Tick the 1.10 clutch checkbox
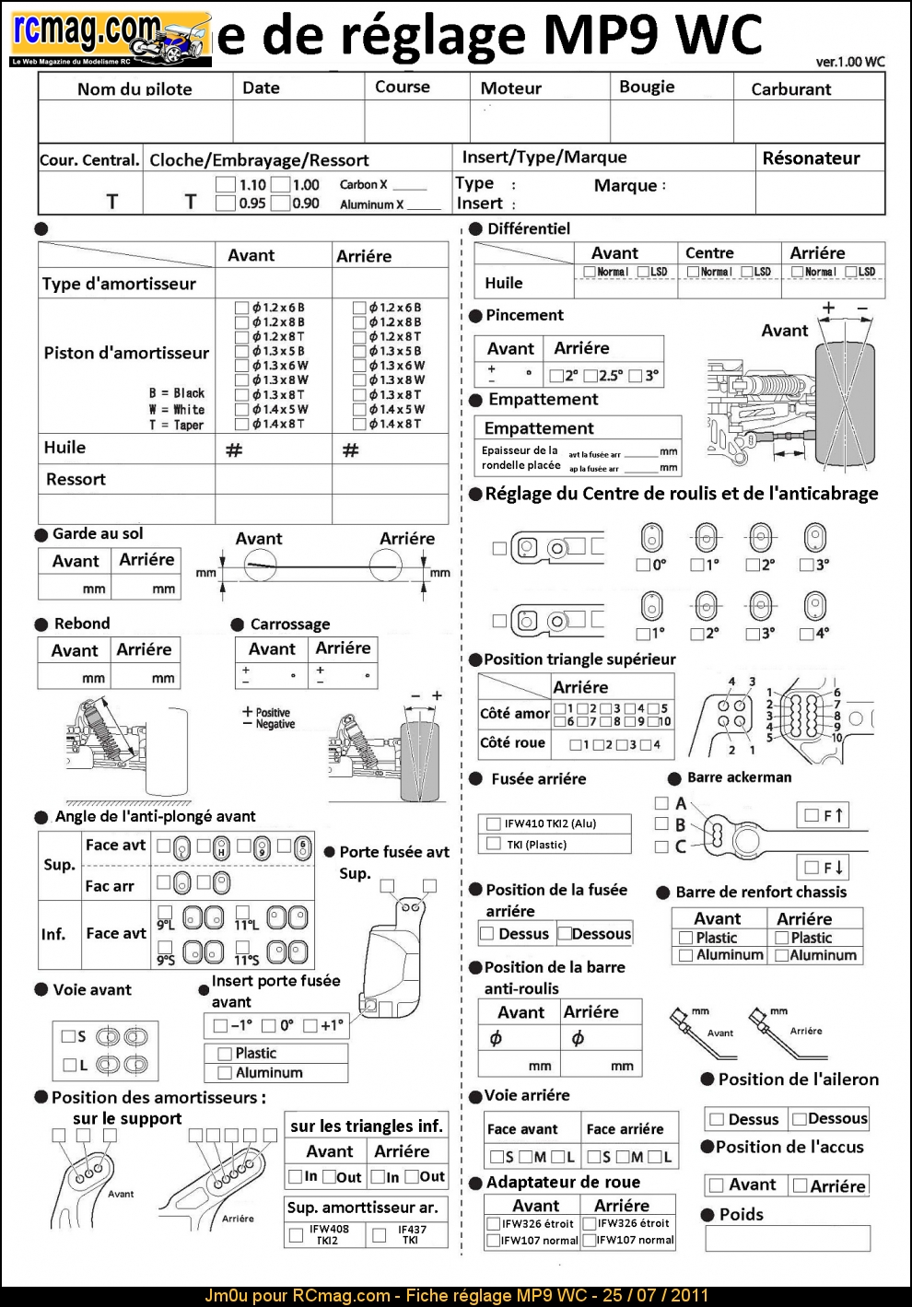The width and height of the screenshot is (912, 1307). [x=226, y=185]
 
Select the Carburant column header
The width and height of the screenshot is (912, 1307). [x=790, y=89]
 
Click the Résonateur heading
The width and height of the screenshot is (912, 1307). [x=811, y=158]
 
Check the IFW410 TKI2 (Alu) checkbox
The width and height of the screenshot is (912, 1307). [x=492, y=823]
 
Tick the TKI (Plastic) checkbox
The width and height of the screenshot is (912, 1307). [x=492, y=844]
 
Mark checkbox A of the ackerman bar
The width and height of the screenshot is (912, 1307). [x=661, y=803]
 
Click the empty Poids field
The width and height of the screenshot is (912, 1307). [x=787, y=1238]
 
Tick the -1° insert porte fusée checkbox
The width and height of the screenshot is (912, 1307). [x=220, y=1025]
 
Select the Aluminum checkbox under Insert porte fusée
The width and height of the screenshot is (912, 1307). [x=224, y=1072]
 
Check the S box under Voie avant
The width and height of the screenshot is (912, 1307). [x=68, y=1036]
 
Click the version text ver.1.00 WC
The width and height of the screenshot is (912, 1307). [x=849, y=62]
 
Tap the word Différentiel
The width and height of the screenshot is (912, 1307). [x=529, y=228]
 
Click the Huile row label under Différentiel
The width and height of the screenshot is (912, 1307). [x=504, y=283]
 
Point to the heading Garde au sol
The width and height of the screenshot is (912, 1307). [x=98, y=533]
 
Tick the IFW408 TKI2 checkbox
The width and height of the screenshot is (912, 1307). [x=296, y=1234]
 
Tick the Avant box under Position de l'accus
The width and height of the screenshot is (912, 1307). [x=716, y=1185]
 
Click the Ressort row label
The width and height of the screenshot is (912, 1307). [x=76, y=479]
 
